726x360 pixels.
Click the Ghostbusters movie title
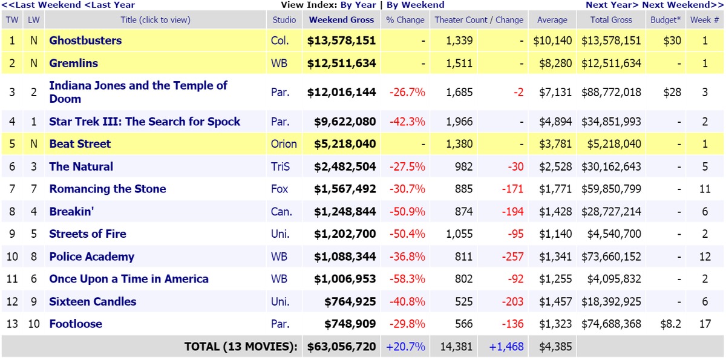[x=85, y=41]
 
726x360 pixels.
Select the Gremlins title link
[x=73, y=63]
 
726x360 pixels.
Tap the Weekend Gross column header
[x=341, y=19]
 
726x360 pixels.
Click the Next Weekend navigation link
[x=682, y=5]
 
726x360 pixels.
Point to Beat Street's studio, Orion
[x=284, y=144]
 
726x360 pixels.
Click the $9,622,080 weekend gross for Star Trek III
[x=345, y=122]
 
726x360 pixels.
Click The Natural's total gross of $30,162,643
[x=611, y=166]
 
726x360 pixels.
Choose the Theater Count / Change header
[x=479, y=19]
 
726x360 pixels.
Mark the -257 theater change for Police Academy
[x=512, y=257]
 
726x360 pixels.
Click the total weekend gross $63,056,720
[x=341, y=347]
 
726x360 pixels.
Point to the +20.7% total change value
[x=405, y=347]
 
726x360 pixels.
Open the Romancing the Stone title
[x=108, y=189]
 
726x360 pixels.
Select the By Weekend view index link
[x=415, y=5]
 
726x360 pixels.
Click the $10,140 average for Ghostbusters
[x=552, y=41]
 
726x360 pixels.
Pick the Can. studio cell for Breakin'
[x=281, y=212]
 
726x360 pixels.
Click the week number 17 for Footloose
[x=705, y=324]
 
